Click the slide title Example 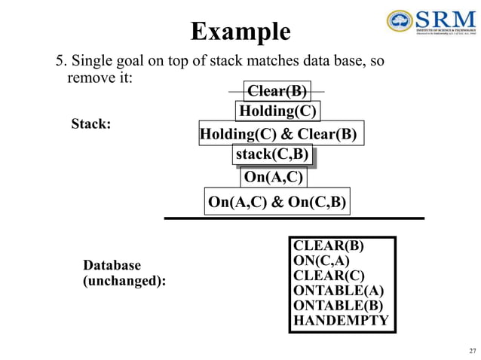[x=240, y=32]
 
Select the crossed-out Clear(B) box [x=277, y=91]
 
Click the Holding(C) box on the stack [x=277, y=111]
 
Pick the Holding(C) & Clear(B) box [x=278, y=135]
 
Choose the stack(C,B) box [x=272, y=155]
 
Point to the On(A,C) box [x=274, y=178]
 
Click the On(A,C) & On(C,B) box [x=277, y=202]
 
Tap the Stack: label [x=90, y=124]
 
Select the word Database [x=112, y=265]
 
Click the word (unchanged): [x=124, y=280]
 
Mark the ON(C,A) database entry [x=321, y=261]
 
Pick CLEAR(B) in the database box [x=328, y=246]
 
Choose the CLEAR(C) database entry [x=329, y=276]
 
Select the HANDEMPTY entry [x=341, y=321]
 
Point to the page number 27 [x=472, y=351]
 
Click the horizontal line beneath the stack [x=294, y=218]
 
